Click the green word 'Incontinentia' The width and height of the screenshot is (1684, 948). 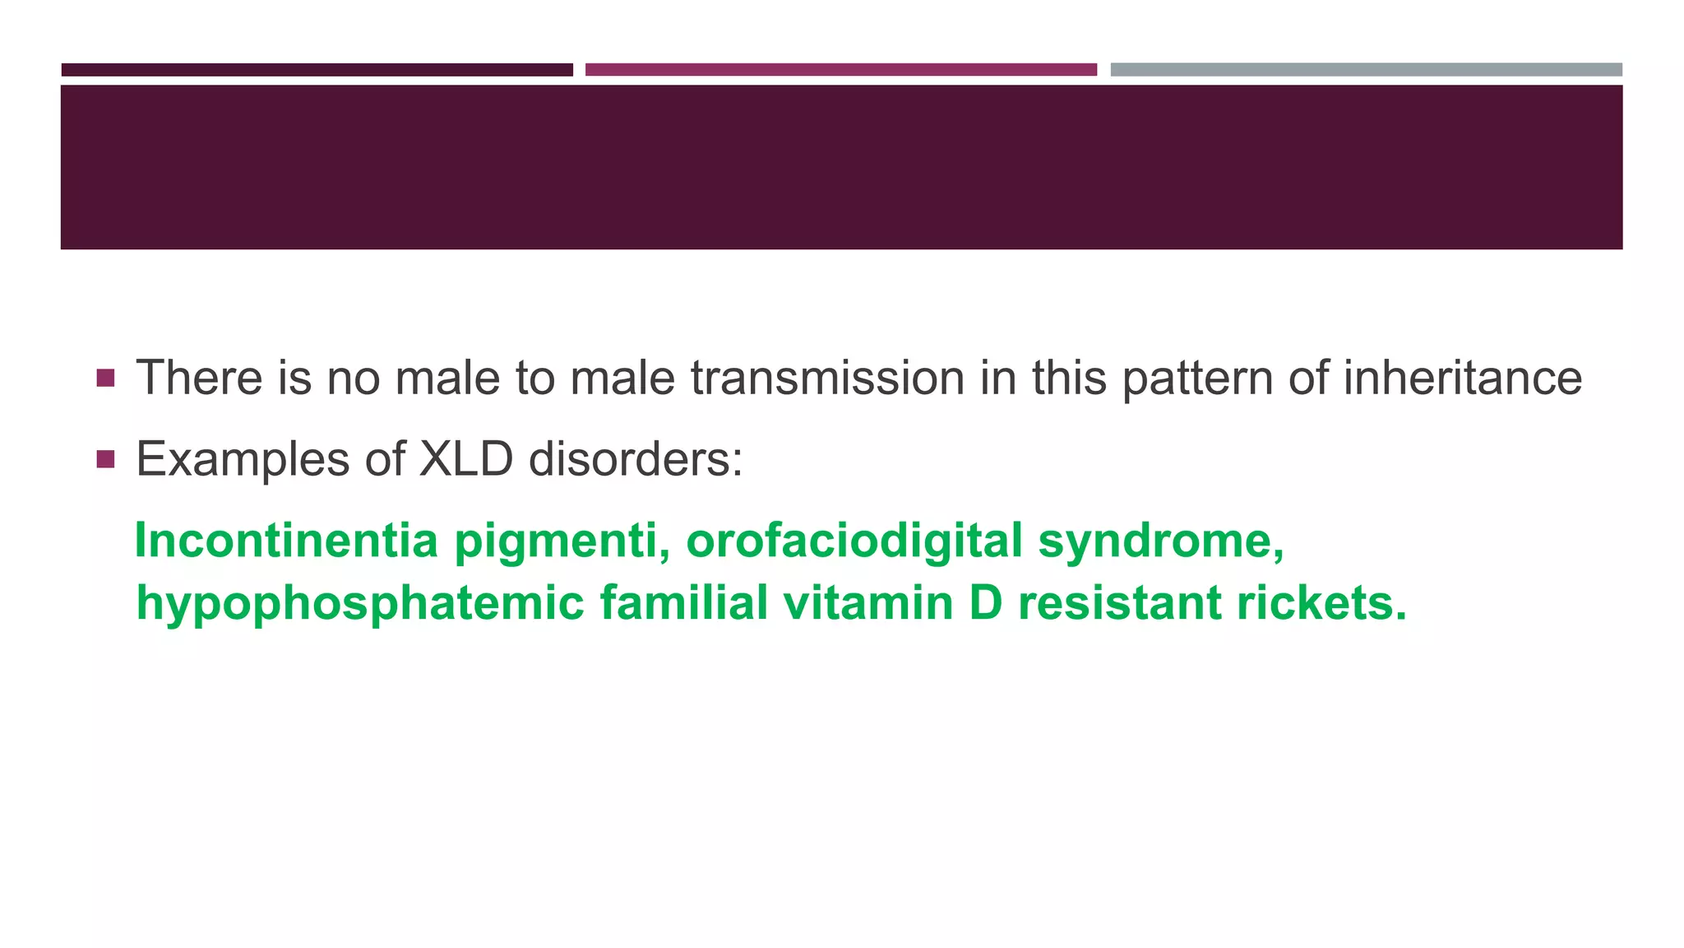(286, 541)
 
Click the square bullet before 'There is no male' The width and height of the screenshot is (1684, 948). (105, 379)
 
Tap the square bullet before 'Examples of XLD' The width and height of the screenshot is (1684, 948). (105, 459)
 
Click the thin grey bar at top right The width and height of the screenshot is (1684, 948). (1366, 70)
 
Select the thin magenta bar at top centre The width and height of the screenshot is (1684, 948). (840, 70)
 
